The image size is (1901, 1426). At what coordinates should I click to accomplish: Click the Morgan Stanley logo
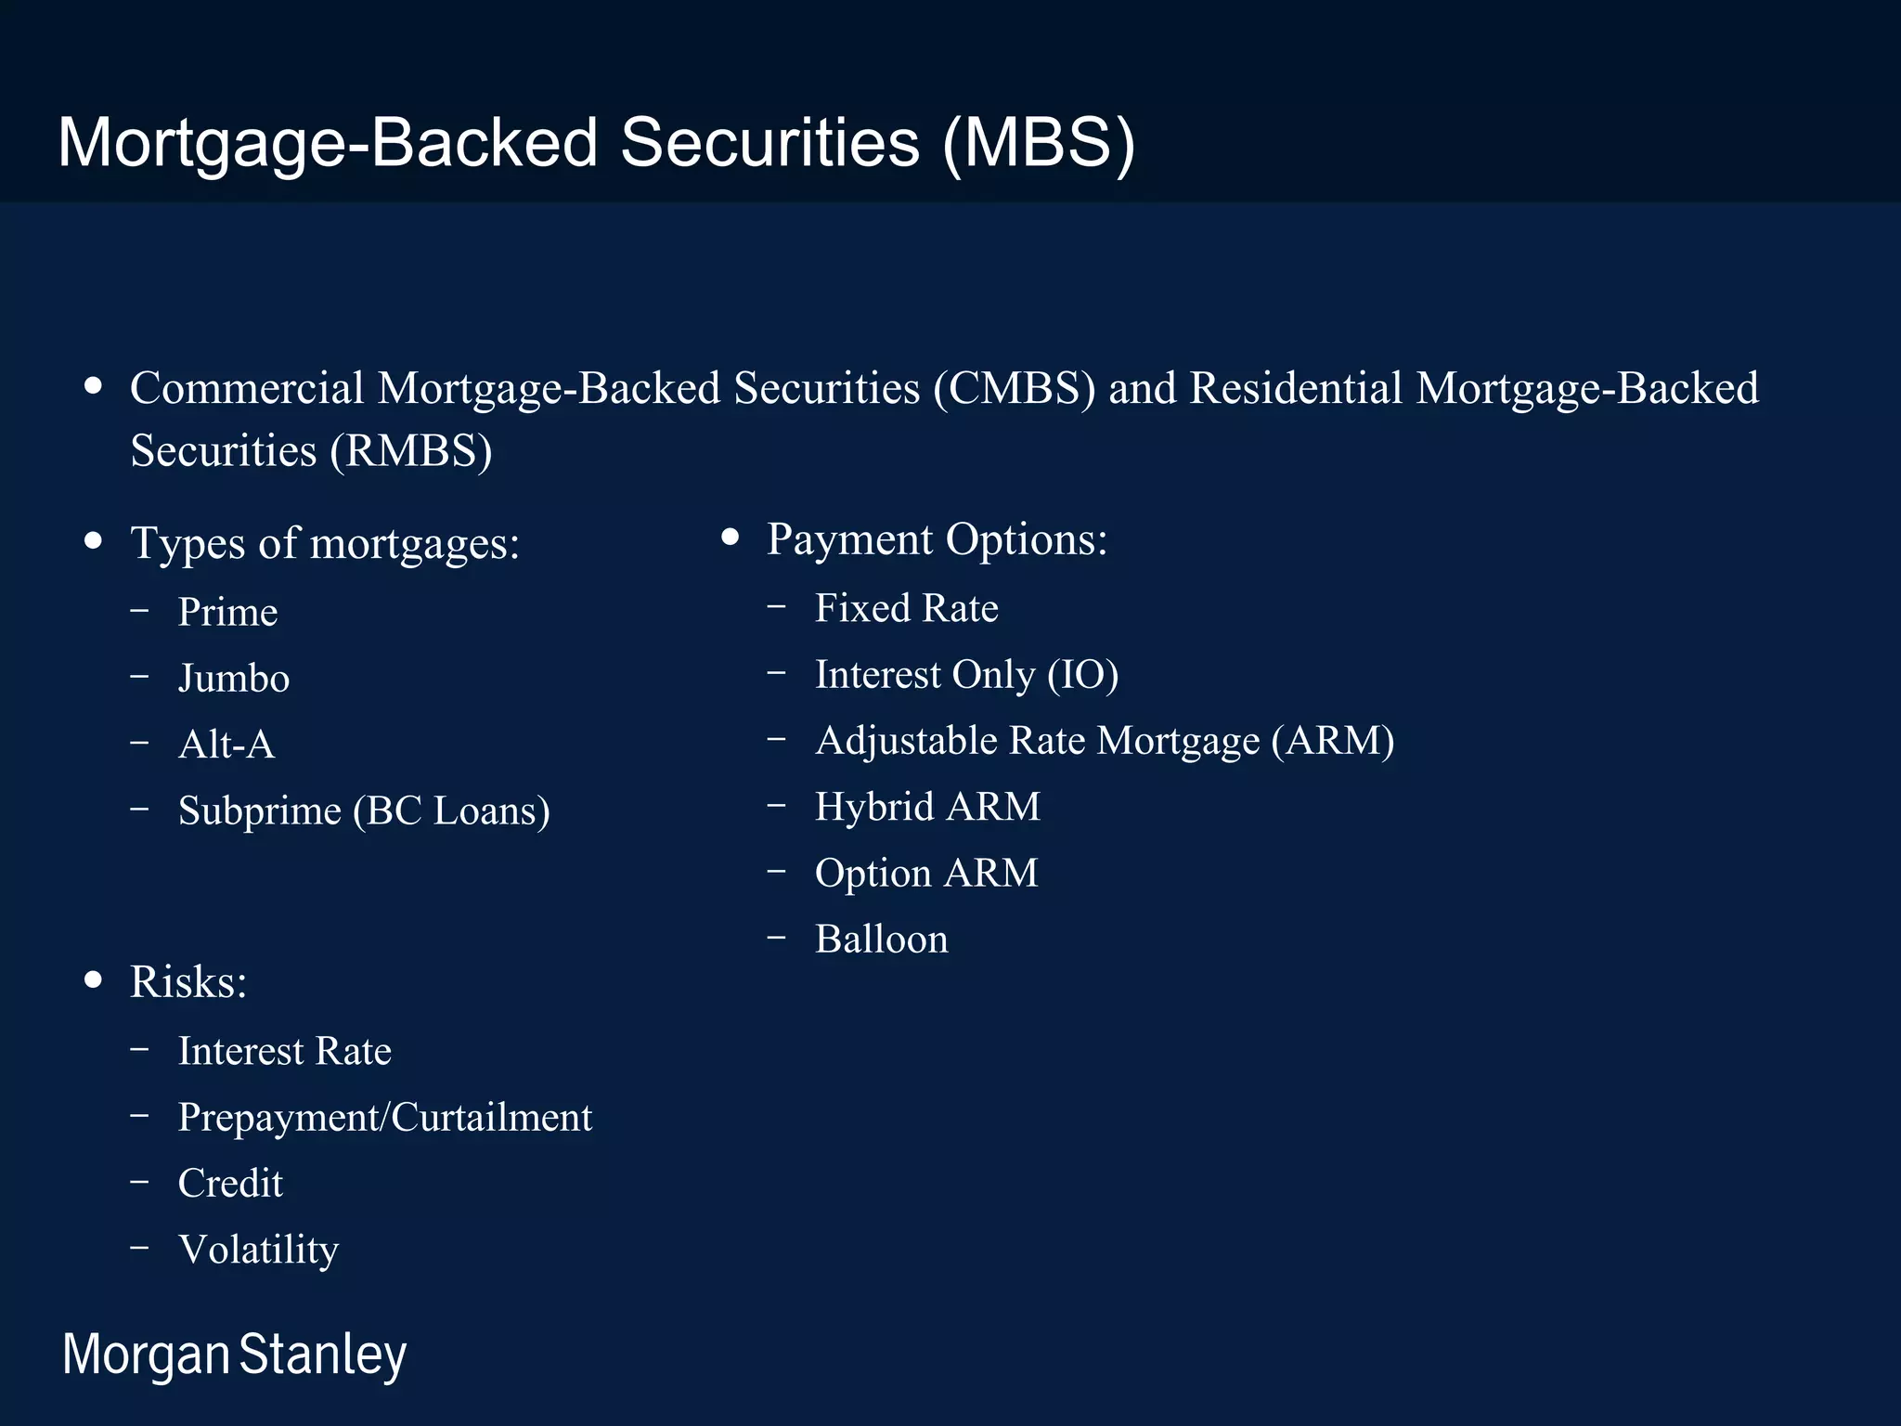[x=234, y=1355]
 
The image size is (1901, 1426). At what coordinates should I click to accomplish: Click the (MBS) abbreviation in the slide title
[x=1038, y=144]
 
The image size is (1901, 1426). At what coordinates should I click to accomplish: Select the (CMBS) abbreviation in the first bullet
[x=1015, y=388]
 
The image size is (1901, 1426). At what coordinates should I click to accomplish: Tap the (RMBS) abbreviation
[x=411, y=451]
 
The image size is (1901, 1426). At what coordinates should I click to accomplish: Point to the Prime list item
[x=227, y=612]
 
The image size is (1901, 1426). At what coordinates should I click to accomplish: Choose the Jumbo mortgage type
[x=234, y=679]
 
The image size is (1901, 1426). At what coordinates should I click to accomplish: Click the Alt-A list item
[x=226, y=745]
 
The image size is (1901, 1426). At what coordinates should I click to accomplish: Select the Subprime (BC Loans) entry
[x=364, y=810]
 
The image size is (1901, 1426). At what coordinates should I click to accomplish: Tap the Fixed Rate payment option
[x=906, y=608]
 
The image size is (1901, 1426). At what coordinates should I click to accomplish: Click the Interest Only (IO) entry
[x=966, y=675]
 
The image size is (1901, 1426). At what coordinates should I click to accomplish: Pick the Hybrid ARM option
[x=927, y=807]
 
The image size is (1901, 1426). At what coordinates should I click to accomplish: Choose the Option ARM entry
[x=926, y=874]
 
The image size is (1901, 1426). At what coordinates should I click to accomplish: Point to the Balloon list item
[x=881, y=940]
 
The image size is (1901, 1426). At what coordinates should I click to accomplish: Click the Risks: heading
[x=188, y=982]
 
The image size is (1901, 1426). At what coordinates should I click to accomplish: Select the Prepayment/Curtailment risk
[x=384, y=1118]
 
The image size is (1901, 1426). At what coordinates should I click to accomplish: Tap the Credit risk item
[x=230, y=1184]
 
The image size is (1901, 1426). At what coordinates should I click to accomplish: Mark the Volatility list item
[x=258, y=1250]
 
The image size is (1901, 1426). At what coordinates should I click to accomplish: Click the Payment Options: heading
[x=937, y=539]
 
